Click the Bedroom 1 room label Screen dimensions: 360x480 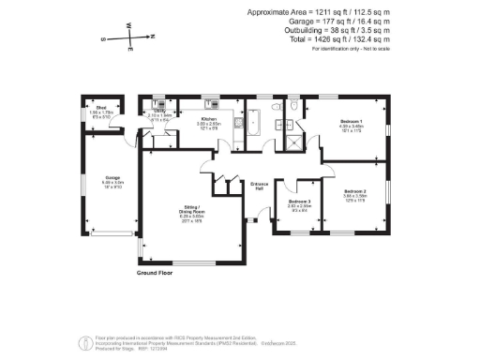350,123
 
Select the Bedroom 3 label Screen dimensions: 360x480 299,202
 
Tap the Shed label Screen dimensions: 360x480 101,108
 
